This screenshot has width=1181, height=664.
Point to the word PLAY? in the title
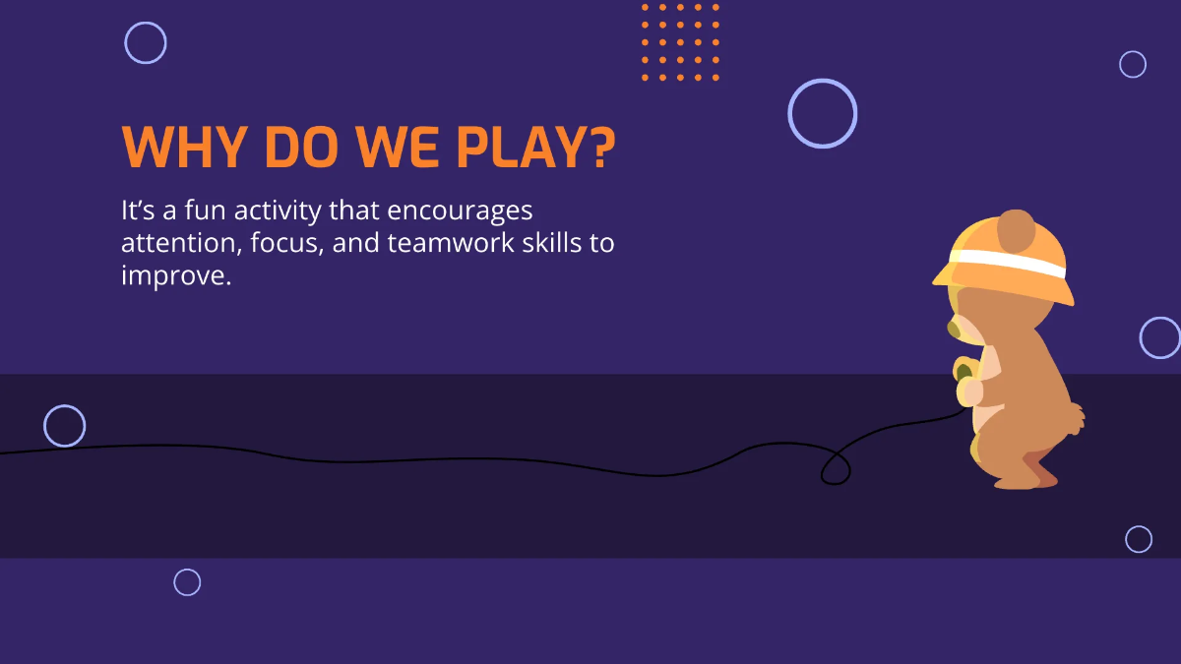pos(535,148)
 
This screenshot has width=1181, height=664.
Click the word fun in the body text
pos(186,211)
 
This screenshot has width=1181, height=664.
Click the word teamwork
pos(450,243)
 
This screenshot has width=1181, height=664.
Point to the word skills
pos(551,243)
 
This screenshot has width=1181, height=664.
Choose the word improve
pos(174,275)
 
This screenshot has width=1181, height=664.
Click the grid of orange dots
pos(680,41)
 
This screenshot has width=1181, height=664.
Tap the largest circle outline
pos(823,114)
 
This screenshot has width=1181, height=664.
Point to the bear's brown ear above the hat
pos(1016,230)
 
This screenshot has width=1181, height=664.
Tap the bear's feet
pos(1024,479)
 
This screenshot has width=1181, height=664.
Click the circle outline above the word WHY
pos(146,43)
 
